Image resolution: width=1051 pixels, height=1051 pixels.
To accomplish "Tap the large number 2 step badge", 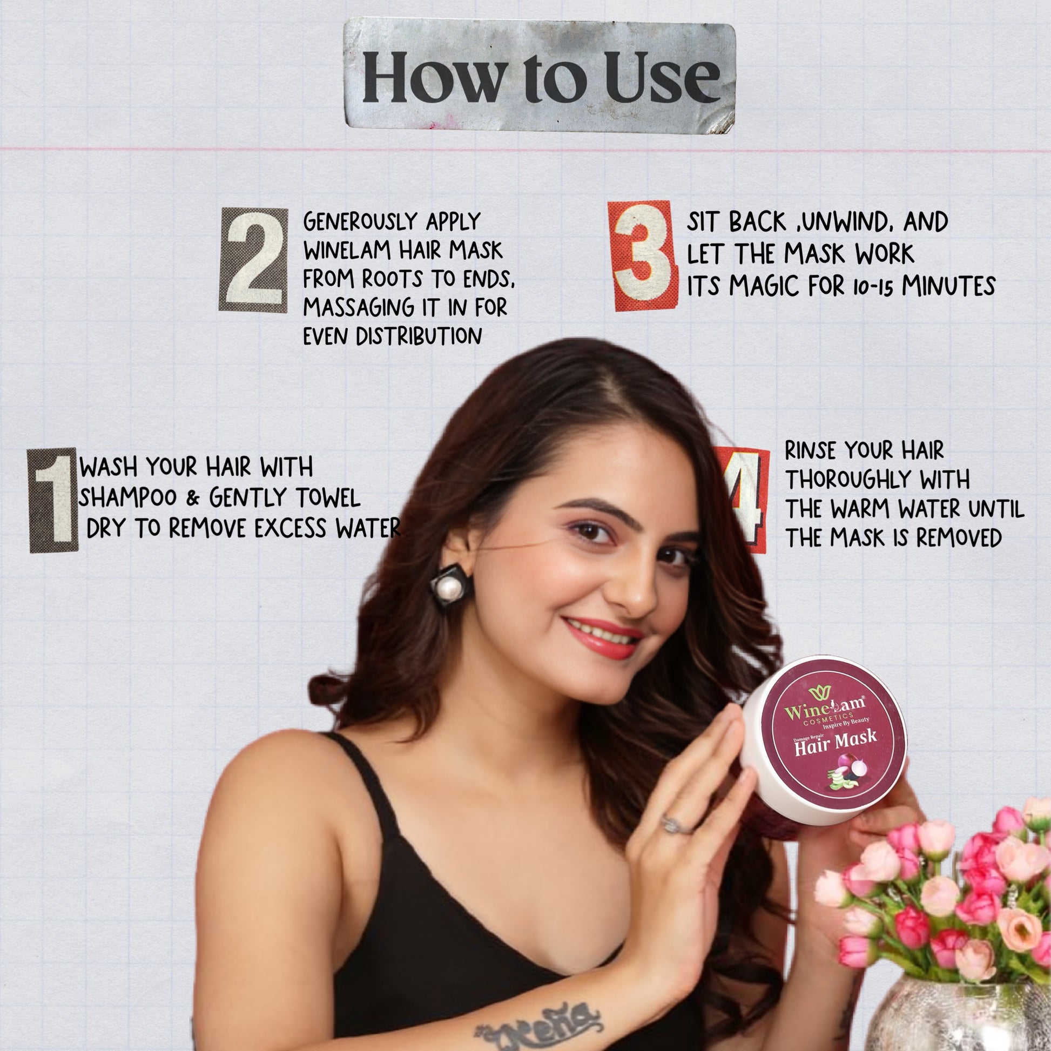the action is [253, 260].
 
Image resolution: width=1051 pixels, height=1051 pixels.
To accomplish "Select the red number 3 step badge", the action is [642, 255].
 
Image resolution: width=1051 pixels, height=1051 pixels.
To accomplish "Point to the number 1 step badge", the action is [52, 500].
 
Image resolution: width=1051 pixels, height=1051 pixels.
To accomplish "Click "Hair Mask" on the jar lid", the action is [836, 743].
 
